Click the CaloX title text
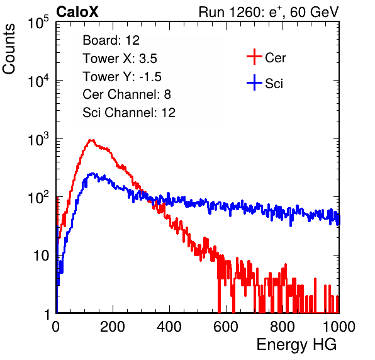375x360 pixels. point(77,11)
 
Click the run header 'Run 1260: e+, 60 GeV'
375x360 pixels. point(269,12)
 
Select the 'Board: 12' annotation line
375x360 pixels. point(111,40)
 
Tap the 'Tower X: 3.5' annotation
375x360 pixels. point(120,58)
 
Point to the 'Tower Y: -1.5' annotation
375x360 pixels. point(122,76)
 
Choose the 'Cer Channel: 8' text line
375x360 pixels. point(126,94)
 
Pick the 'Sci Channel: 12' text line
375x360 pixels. point(129,112)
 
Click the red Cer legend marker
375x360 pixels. point(254,57)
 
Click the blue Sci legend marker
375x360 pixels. point(254,83)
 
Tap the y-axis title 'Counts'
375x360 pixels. point(9,49)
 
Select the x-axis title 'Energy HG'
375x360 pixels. point(296,345)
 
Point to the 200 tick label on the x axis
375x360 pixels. point(113,327)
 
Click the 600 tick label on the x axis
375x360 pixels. point(226,327)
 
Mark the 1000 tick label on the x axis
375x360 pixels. point(339,327)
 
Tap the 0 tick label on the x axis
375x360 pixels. point(56,327)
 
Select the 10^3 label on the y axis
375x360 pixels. point(38,139)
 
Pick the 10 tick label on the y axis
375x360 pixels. point(42,256)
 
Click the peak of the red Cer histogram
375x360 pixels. point(91,140)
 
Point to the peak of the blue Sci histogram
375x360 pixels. point(92,173)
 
